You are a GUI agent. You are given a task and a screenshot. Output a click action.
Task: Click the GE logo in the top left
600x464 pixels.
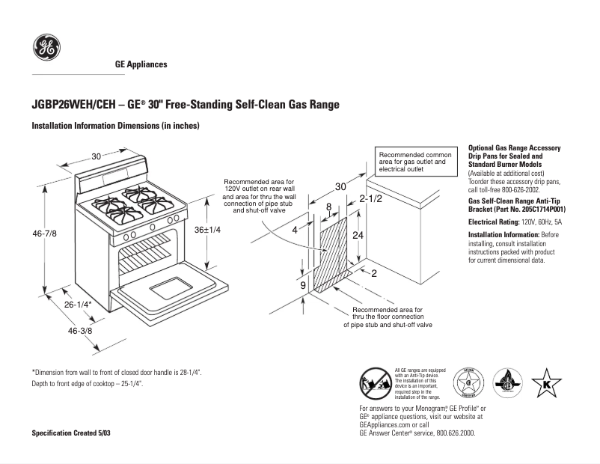pyautogui.click(x=46, y=49)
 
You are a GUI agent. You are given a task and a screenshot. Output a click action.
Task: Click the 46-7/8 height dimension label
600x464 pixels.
pyautogui.click(x=45, y=234)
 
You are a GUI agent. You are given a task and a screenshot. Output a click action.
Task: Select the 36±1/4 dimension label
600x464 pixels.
pyautogui.click(x=207, y=230)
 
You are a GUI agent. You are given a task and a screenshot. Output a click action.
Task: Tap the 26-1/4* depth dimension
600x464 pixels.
pyautogui.click(x=77, y=305)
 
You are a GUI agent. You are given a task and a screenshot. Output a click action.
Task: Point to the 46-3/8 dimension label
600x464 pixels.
pyautogui.click(x=80, y=331)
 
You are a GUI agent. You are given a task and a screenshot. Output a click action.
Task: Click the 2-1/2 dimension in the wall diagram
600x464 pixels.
pyautogui.click(x=371, y=199)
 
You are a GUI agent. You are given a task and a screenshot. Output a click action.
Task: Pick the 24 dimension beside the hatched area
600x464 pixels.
pyautogui.click(x=359, y=235)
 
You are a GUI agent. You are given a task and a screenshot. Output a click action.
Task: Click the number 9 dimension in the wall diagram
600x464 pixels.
pyautogui.click(x=303, y=286)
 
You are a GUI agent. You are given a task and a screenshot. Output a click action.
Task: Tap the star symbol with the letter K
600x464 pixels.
pyautogui.click(x=546, y=384)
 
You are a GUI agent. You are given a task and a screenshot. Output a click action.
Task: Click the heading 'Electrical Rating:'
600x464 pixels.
pyautogui.click(x=494, y=222)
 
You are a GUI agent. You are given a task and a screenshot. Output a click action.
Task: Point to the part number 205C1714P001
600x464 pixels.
pyautogui.click(x=537, y=210)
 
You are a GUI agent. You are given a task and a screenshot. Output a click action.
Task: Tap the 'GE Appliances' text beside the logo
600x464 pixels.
pyautogui.click(x=141, y=64)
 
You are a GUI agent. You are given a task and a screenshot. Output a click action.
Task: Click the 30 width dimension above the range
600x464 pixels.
pyautogui.click(x=97, y=156)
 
